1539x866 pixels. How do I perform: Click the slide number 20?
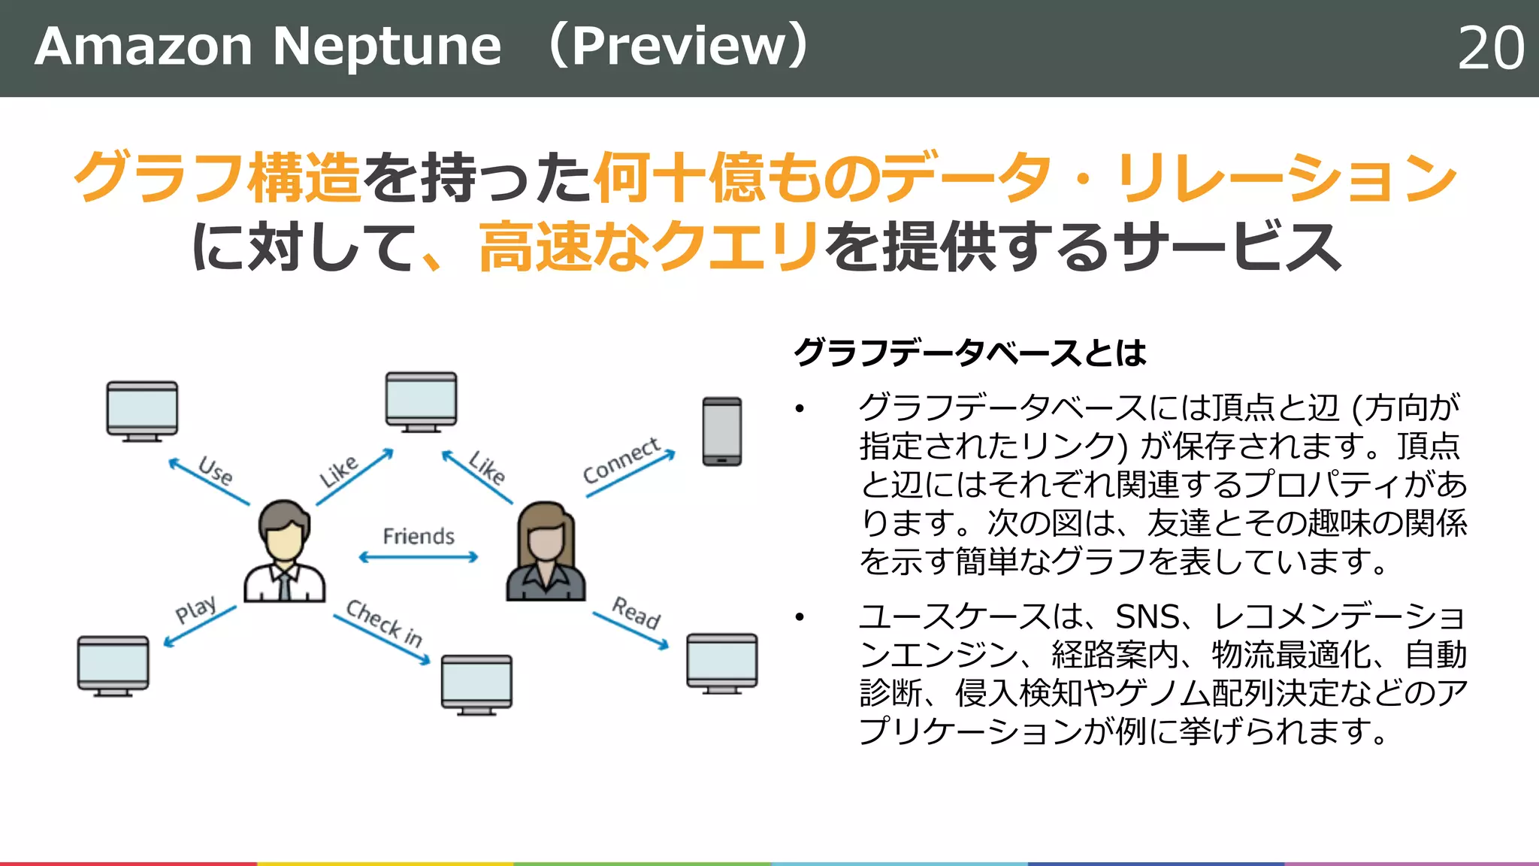pos(1491,48)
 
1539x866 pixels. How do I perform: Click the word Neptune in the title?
pos(386,47)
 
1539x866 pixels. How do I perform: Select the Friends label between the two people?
pos(419,536)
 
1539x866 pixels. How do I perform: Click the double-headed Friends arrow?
pos(419,557)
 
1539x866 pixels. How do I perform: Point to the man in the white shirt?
pos(284,553)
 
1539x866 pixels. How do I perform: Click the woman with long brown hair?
pos(546,553)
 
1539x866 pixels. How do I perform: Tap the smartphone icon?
pos(721,431)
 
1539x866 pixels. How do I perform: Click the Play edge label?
pos(195,609)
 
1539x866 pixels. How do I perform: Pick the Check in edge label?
pos(384,623)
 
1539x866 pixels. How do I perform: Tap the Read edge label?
pos(636,613)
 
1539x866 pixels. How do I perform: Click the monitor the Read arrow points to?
pos(721,662)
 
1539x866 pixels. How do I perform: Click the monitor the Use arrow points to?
pos(142,410)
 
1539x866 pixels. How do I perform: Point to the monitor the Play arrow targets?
pos(113,665)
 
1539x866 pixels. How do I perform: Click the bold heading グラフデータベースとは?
pos(969,352)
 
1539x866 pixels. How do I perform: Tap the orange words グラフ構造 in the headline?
pos(218,177)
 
